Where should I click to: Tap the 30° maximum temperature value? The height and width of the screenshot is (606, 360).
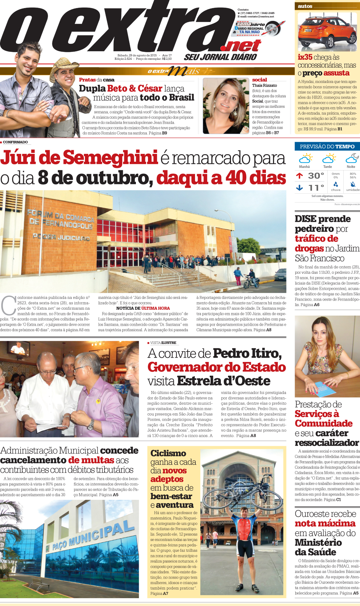pyautogui.click(x=316, y=176)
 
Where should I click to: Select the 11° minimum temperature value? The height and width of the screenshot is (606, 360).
pyautogui.click(x=316, y=188)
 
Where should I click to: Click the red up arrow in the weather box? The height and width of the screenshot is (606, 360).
pyautogui.click(x=299, y=176)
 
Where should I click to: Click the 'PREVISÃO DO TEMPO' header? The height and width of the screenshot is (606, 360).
pyautogui.click(x=327, y=147)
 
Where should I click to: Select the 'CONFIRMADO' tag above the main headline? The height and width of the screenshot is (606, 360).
pyautogui.click(x=15, y=142)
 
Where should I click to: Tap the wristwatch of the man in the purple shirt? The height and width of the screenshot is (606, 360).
pyautogui.click(x=90, y=424)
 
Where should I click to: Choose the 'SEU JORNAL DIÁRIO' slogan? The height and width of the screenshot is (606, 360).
pyautogui.click(x=221, y=57)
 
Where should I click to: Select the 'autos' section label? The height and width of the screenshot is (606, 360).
pyautogui.click(x=305, y=6)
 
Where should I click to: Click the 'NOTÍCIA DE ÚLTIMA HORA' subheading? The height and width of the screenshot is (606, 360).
pyautogui.click(x=143, y=308)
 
